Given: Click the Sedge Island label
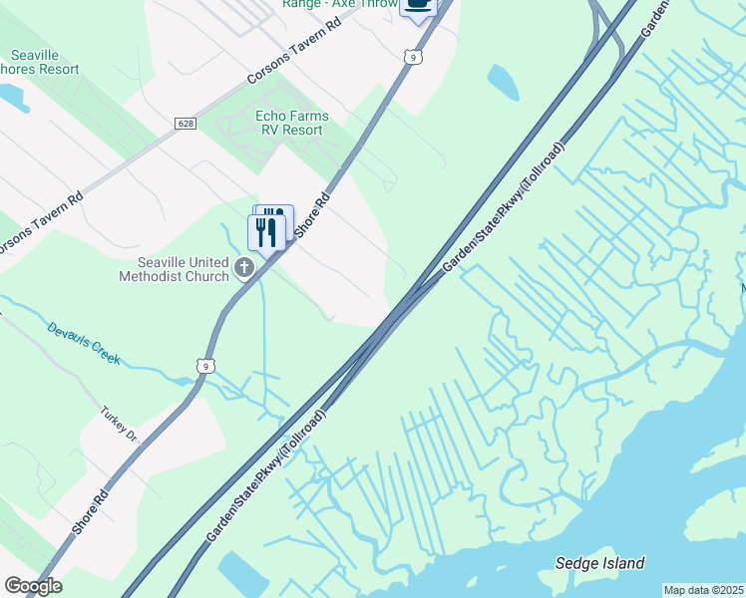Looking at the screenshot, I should point(599,563).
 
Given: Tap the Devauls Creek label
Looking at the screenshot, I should point(84,343).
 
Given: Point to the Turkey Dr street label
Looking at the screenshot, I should point(118,423).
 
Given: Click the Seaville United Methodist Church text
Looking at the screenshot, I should point(177,269).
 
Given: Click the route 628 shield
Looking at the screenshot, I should point(184,123).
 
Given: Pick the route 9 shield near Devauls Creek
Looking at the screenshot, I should point(205,366).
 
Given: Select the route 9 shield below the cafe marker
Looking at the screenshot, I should point(412,58).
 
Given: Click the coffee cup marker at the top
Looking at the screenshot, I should point(418,5).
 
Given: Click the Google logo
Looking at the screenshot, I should point(33,586).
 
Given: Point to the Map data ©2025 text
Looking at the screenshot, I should point(704,590).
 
